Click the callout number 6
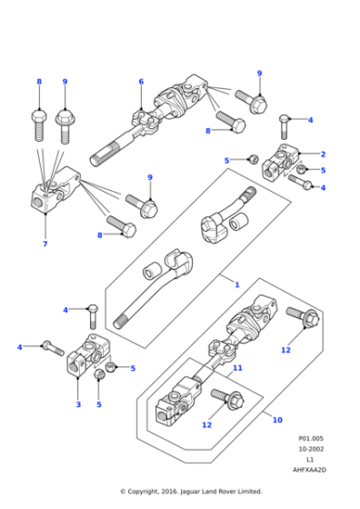click(x=141, y=83)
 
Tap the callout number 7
click(x=45, y=245)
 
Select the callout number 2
click(x=323, y=155)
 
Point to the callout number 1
click(x=237, y=284)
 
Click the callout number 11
click(x=238, y=368)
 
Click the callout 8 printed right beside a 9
click(x=39, y=83)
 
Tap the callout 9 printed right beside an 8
click(x=65, y=83)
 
